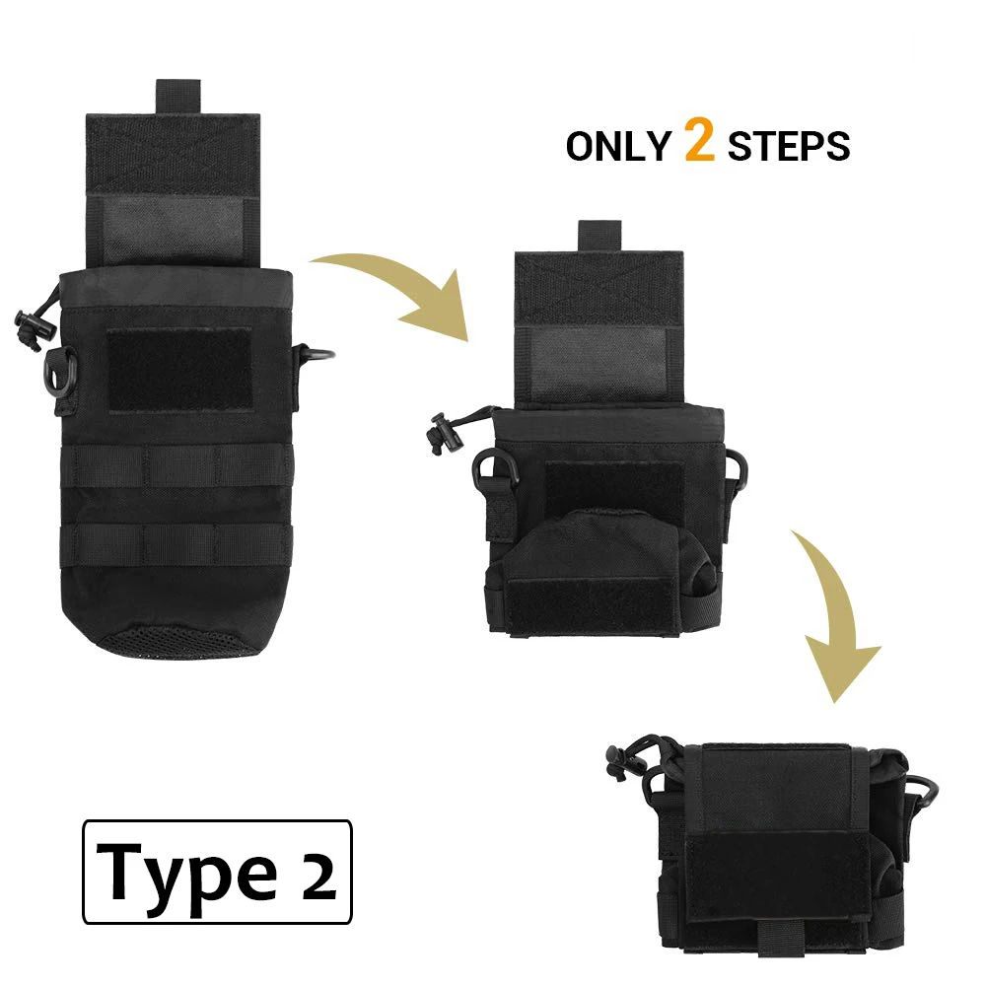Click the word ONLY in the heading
click(617, 146)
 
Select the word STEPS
click(788, 146)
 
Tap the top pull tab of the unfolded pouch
click(178, 97)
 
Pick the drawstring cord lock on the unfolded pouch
click(27, 326)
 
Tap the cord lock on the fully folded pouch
click(618, 763)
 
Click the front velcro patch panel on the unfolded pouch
click(178, 370)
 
